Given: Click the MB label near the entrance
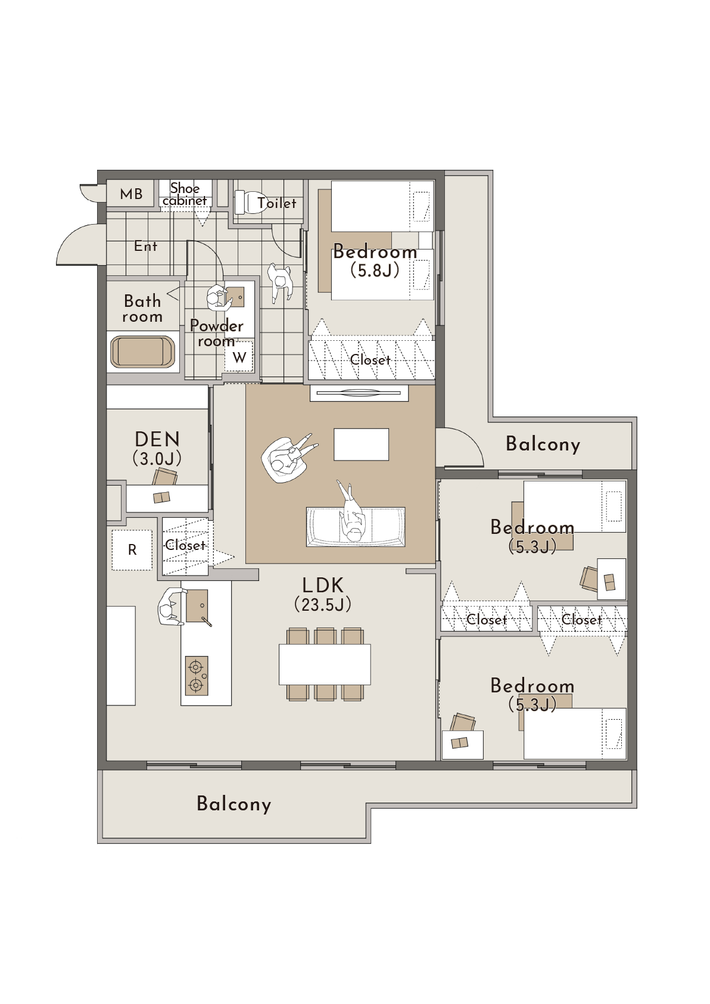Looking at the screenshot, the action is click(x=131, y=194).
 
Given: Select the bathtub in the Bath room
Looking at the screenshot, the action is click(x=144, y=353).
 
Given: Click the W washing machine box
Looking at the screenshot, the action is click(x=239, y=357).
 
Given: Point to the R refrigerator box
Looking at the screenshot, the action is click(x=132, y=550).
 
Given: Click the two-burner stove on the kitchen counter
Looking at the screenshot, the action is click(x=197, y=676).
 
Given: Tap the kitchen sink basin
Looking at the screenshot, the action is click(x=197, y=605).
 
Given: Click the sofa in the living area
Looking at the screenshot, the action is click(x=356, y=527).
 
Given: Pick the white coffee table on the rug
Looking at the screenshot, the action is click(x=361, y=444).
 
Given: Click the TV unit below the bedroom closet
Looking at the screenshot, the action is click(x=359, y=393).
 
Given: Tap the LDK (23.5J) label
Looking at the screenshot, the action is click(x=323, y=595).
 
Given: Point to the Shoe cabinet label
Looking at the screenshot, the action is click(x=185, y=194).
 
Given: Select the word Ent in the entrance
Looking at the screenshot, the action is click(x=145, y=246).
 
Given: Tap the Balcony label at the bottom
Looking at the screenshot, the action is click(x=234, y=804).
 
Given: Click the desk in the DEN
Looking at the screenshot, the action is click(x=167, y=498).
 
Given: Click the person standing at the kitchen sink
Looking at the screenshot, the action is click(x=170, y=607).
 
